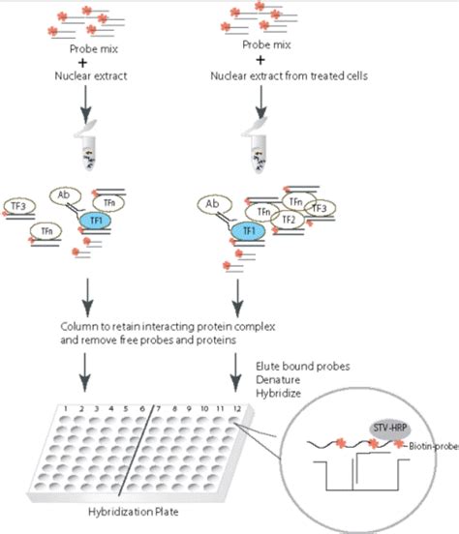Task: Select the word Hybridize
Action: [x=280, y=395]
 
